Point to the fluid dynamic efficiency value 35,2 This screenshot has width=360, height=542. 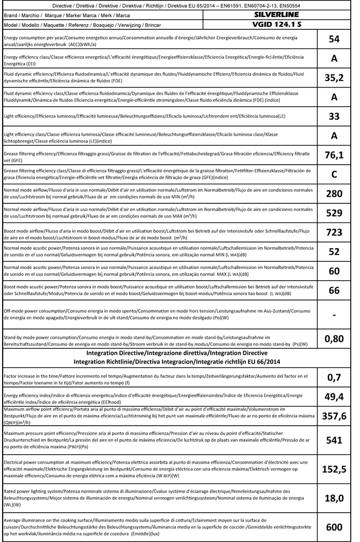pyautogui.click(x=334, y=78)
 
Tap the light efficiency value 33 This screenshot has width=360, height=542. pyautogui.click(x=334, y=116)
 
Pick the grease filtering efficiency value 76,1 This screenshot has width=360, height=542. pyautogui.click(x=334, y=155)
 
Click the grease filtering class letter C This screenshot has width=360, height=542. pyautogui.click(x=334, y=174)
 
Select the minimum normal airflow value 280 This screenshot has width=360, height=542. pyautogui.click(x=334, y=194)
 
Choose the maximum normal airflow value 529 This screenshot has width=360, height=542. pyautogui.click(x=334, y=213)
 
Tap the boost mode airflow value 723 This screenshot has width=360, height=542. pyautogui.click(x=334, y=232)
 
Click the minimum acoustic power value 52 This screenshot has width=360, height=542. pyautogui.click(x=334, y=251)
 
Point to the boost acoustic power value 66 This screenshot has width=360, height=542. pyautogui.click(x=334, y=290)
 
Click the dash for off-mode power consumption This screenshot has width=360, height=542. pyautogui.click(x=334, y=314)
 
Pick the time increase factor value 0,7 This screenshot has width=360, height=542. pyautogui.click(x=334, y=378)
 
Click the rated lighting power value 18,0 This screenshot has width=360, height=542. pyautogui.click(x=334, y=497)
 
